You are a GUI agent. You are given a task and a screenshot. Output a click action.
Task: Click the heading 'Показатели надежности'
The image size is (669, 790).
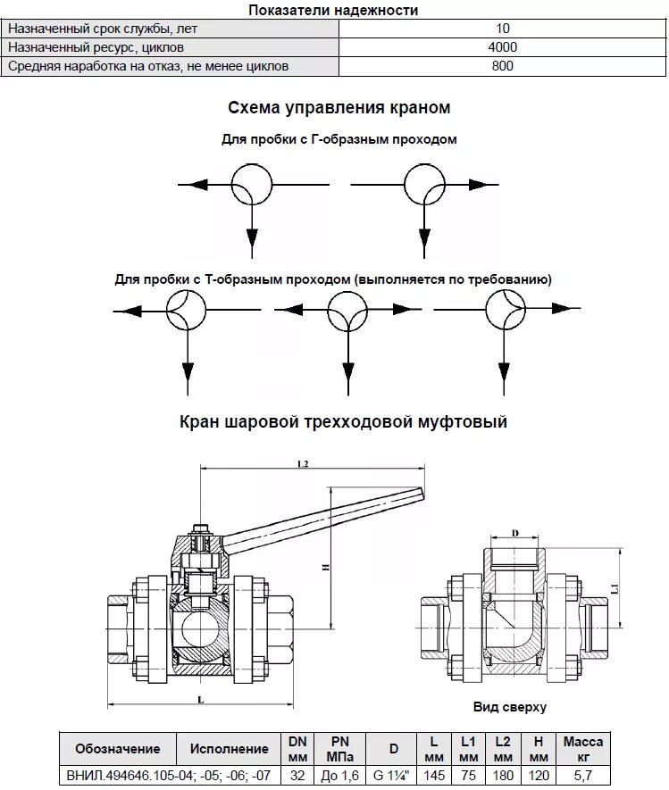(x=333, y=10)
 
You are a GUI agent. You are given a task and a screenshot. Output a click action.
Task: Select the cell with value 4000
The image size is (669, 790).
(x=503, y=47)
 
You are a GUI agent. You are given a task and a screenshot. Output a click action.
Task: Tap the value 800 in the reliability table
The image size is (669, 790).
(x=503, y=66)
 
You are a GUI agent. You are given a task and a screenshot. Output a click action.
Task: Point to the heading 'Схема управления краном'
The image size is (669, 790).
(x=339, y=108)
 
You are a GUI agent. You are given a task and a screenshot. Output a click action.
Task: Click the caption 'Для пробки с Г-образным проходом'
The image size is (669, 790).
(x=339, y=140)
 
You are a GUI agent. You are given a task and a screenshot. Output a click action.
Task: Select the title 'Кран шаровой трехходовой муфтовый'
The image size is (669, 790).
(x=343, y=421)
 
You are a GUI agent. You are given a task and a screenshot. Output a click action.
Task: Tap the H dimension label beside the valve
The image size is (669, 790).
(x=327, y=568)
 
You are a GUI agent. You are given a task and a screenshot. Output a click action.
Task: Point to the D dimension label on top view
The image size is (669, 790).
(x=515, y=534)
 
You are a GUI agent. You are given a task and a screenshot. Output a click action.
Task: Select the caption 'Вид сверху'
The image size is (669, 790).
(x=509, y=706)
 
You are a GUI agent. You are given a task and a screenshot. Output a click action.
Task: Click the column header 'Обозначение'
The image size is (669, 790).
(x=118, y=749)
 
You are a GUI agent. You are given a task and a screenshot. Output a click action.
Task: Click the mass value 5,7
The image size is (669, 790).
(x=583, y=775)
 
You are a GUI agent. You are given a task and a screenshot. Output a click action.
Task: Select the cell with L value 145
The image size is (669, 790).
(x=433, y=775)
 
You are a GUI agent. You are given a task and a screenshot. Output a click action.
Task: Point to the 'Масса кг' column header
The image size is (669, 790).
(x=583, y=749)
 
